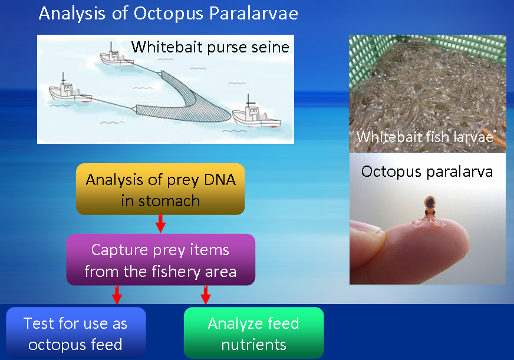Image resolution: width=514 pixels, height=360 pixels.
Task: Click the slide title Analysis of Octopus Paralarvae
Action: [x=168, y=14]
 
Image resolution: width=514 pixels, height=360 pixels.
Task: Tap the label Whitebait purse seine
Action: [x=210, y=47]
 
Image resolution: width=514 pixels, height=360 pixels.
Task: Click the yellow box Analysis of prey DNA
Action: [x=160, y=189]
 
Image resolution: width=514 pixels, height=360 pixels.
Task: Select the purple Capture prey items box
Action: [x=160, y=259]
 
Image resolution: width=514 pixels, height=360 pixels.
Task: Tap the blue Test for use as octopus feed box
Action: [x=75, y=333]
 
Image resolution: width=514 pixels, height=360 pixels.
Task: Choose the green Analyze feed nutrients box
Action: [x=253, y=333]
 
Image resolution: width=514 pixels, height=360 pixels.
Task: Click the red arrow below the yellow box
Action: [x=160, y=223]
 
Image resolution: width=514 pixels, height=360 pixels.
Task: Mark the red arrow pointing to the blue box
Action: [x=117, y=295]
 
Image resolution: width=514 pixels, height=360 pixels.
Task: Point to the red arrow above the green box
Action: [x=206, y=295]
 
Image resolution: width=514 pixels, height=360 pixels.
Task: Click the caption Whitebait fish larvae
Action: [x=425, y=137]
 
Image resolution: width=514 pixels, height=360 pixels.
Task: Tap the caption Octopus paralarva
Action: [x=427, y=171]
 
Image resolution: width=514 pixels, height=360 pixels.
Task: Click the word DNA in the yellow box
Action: [x=220, y=180]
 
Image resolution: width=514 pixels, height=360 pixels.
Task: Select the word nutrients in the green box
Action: [x=253, y=345]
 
